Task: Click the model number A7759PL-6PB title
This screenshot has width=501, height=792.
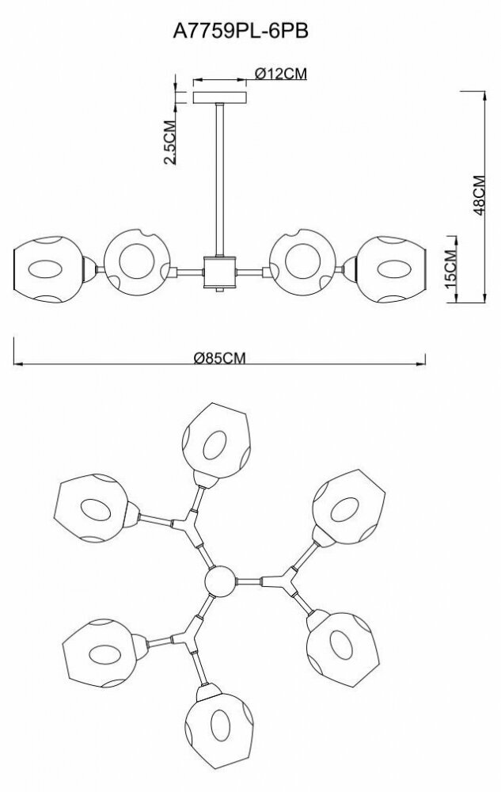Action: coord(250,31)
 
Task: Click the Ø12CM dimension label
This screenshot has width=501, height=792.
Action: coord(281,74)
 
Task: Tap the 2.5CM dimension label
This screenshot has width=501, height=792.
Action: coord(169,142)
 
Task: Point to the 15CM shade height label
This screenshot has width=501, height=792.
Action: coord(450,268)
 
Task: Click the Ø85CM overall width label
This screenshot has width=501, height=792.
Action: coord(220,357)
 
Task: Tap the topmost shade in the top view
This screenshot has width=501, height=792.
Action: coord(218,440)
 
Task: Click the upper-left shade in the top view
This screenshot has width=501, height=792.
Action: coord(92,507)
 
